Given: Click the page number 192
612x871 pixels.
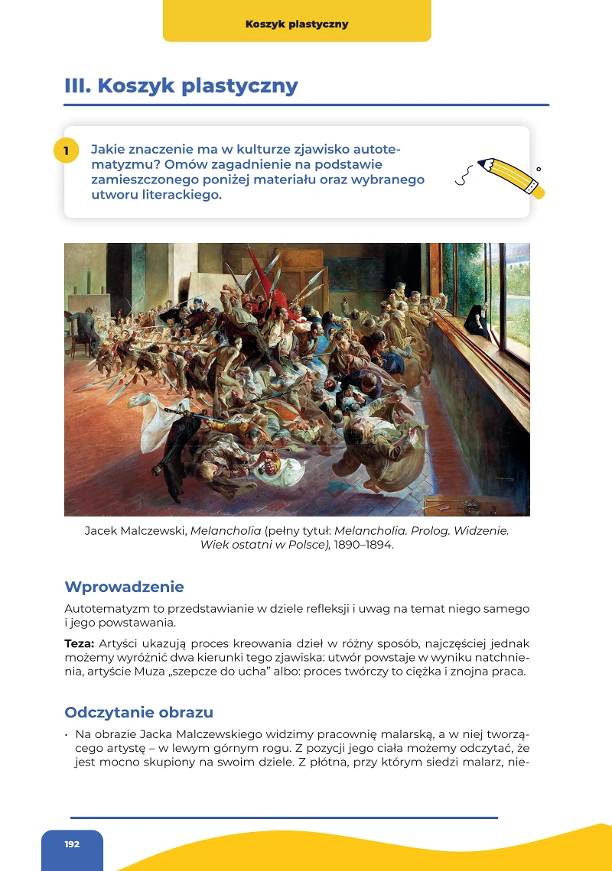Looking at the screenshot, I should pyautogui.click(x=72, y=844).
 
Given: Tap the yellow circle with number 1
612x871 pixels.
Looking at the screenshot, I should pyautogui.click(x=67, y=151).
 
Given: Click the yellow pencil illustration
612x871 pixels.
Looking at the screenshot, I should pyautogui.click(x=509, y=176).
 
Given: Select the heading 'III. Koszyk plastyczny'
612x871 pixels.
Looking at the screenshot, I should pyautogui.click(x=181, y=86).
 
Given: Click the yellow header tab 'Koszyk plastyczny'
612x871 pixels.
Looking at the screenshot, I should pyautogui.click(x=297, y=24).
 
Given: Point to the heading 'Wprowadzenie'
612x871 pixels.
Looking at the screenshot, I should pyautogui.click(x=124, y=587).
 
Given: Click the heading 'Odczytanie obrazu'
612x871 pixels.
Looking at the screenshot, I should pyautogui.click(x=138, y=712).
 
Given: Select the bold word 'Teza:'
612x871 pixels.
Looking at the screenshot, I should pyautogui.click(x=80, y=643).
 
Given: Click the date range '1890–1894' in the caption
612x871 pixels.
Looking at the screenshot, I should pyautogui.click(x=363, y=545).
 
